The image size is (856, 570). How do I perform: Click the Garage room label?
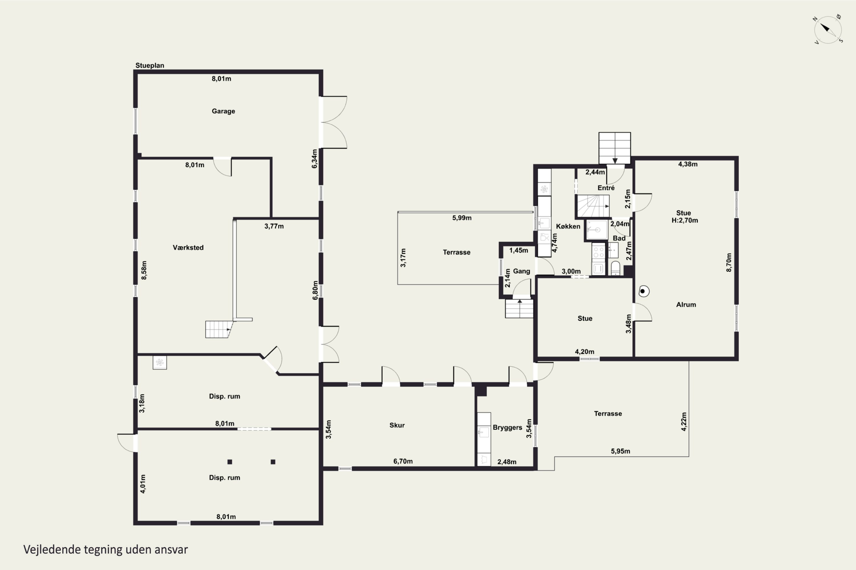pos(223,111)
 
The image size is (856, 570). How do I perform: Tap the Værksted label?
pos(188,248)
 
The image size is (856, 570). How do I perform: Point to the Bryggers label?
pos(507,427)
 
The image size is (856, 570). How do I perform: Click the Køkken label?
pos(568,227)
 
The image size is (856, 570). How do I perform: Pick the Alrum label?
pos(686,305)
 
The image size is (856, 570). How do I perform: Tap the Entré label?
pos(606,188)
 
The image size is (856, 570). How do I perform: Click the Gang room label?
pos(521,271)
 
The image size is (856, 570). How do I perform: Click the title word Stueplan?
pos(150,66)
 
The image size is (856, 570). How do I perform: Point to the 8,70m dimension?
pos(729,262)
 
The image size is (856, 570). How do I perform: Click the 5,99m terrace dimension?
pos(462,218)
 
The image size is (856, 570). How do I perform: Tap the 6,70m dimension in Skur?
pos(403,461)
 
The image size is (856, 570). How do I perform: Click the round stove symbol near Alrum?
pos(643,291)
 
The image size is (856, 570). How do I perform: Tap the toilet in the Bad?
pos(615,268)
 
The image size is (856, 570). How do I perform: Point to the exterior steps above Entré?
pos(615,148)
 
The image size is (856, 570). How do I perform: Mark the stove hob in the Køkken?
pos(598,252)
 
